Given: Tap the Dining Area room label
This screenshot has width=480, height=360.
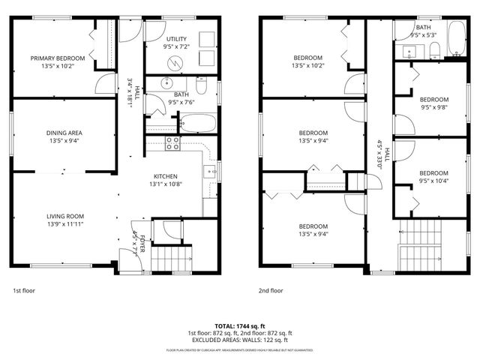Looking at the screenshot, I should [63, 133].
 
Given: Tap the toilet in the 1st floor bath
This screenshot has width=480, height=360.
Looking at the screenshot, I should [200, 82].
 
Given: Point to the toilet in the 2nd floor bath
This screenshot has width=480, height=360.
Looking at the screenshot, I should [435, 50].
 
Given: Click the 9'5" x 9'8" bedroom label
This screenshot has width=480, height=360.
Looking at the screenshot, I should [433, 100].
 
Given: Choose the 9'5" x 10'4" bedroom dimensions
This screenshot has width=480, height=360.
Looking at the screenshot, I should [433, 181].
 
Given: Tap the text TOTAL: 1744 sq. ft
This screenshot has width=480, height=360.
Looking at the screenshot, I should [239, 325].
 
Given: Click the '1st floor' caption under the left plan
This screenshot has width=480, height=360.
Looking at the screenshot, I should [23, 290].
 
